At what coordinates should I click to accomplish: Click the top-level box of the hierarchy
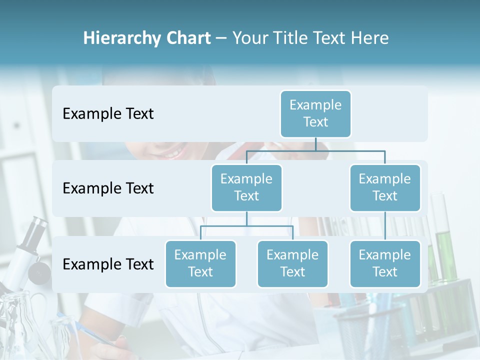point(315,113)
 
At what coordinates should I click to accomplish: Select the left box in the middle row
point(246,187)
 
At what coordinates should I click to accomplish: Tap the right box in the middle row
point(385,187)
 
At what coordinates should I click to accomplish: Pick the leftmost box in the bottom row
point(200,263)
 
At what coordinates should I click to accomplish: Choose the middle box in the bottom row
point(292,263)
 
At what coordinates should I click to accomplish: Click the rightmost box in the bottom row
point(385,263)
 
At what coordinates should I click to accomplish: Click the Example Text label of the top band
point(108,114)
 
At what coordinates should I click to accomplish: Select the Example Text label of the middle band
point(108,188)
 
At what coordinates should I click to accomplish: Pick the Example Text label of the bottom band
point(108,264)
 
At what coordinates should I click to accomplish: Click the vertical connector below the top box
point(315,144)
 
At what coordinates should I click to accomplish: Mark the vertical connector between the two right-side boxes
point(385,226)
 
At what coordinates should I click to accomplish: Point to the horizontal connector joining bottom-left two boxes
point(246,226)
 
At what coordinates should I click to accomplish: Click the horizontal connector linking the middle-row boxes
point(315,150)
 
